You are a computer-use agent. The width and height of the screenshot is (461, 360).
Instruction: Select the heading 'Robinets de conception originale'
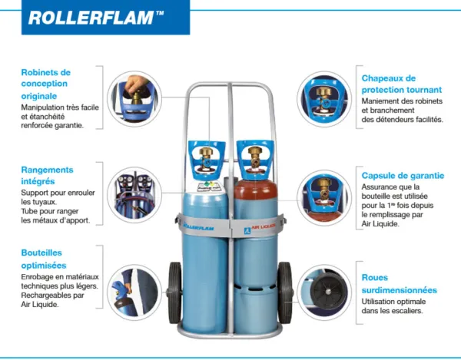tap(46, 84)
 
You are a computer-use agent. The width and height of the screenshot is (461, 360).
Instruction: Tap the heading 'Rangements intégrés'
tap(47, 175)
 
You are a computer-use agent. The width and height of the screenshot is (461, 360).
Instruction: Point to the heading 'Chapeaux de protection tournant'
tap(399, 84)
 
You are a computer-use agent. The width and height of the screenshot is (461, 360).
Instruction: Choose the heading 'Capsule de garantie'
tap(403, 176)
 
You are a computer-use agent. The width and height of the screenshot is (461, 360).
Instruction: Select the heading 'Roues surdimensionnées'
tap(399, 284)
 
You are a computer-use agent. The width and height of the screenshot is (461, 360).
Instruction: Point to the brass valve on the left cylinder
tap(205, 160)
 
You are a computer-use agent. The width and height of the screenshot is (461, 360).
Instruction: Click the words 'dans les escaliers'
tap(394, 311)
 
